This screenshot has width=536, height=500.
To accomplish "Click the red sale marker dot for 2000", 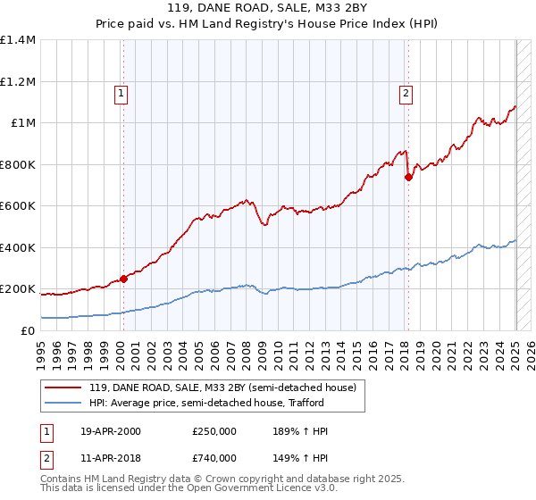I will point(123,279).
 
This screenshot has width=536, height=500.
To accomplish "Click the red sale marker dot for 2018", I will point(408,178).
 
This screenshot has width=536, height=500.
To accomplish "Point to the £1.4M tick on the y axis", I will point(19,40).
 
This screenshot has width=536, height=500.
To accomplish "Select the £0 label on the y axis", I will point(29,331).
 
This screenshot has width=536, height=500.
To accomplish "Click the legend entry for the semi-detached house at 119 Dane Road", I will point(222,387).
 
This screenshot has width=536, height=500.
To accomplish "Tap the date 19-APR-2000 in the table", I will point(111,431).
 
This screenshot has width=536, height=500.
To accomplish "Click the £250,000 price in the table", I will point(214,431).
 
